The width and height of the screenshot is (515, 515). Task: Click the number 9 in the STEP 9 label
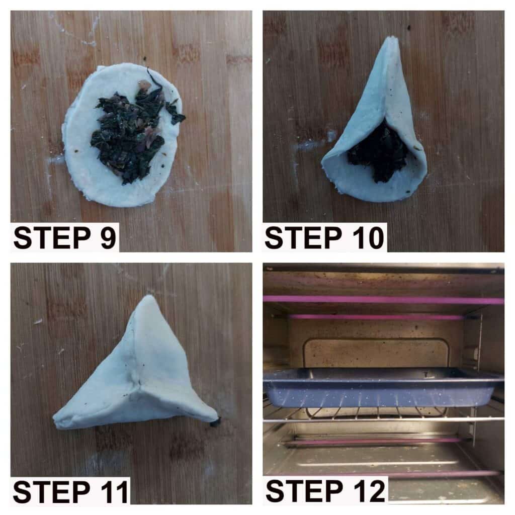pos(107,238)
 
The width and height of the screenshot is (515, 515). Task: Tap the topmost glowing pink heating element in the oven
pos(383,300)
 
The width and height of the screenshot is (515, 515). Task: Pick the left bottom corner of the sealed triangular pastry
pos(56,423)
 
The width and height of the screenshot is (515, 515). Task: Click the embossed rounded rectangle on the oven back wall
pos(376,353)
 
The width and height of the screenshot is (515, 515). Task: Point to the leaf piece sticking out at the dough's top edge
pos(155,77)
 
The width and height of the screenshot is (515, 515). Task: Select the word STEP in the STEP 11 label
pos(52,492)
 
